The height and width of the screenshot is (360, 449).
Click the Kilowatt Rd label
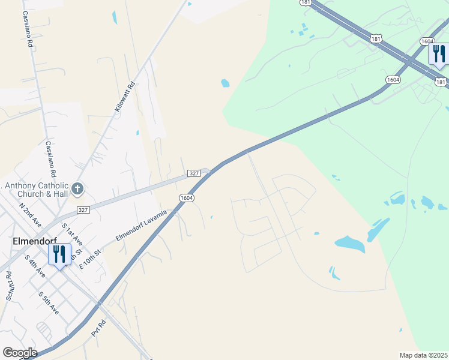point(125,97)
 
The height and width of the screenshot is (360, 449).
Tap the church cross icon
point(77,189)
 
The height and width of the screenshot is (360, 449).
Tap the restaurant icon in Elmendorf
point(59,254)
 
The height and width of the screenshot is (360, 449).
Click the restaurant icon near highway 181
point(439,54)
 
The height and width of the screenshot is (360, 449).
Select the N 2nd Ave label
point(29,214)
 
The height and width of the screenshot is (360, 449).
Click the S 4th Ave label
point(35,266)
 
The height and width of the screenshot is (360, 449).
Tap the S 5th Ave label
point(49,303)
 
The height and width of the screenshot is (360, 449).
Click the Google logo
point(20,353)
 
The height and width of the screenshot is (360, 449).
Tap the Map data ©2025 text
point(423,355)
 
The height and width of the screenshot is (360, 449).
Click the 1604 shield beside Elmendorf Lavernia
point(186,197)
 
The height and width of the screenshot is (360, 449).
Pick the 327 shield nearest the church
point(83,210)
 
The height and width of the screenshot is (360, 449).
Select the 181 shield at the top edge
point(306,2)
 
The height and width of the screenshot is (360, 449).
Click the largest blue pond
point(350,243)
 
